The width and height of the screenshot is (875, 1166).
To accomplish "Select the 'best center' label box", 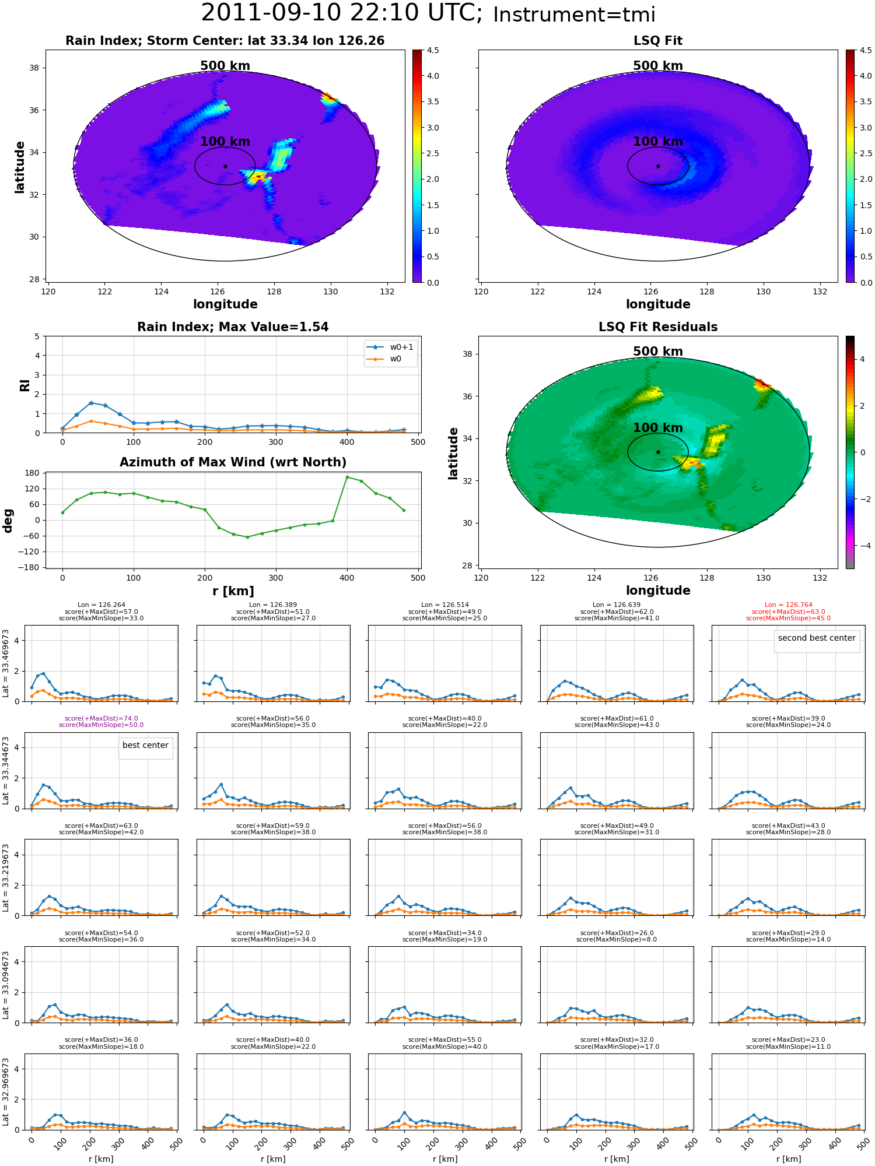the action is [145, 746].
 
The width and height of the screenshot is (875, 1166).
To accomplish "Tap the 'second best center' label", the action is [817, 638].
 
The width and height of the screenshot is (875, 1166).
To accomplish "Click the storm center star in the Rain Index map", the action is [225, 166].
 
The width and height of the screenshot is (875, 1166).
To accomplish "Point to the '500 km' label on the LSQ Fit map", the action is [658, 66].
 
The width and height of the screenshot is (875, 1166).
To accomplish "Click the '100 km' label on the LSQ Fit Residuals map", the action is [658, 428].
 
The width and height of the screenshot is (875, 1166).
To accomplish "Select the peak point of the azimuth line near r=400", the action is [348, 477].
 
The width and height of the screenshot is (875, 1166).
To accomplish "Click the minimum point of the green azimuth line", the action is [247, 537].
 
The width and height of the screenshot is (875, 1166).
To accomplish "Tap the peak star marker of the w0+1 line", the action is [91, 403].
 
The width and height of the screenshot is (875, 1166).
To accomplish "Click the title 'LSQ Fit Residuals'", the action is [658, 327].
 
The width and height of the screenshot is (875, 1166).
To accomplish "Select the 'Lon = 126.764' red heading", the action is [788, 605].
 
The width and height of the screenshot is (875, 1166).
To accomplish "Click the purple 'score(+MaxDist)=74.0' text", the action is [101, 719].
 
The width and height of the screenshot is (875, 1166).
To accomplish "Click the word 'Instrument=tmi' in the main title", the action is [574, 15].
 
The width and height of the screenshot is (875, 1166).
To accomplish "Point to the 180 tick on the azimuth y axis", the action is [33, 473].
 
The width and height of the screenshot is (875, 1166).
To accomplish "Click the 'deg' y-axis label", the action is [8, 521].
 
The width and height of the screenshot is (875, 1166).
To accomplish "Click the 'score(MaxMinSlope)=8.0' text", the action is [617, 940].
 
